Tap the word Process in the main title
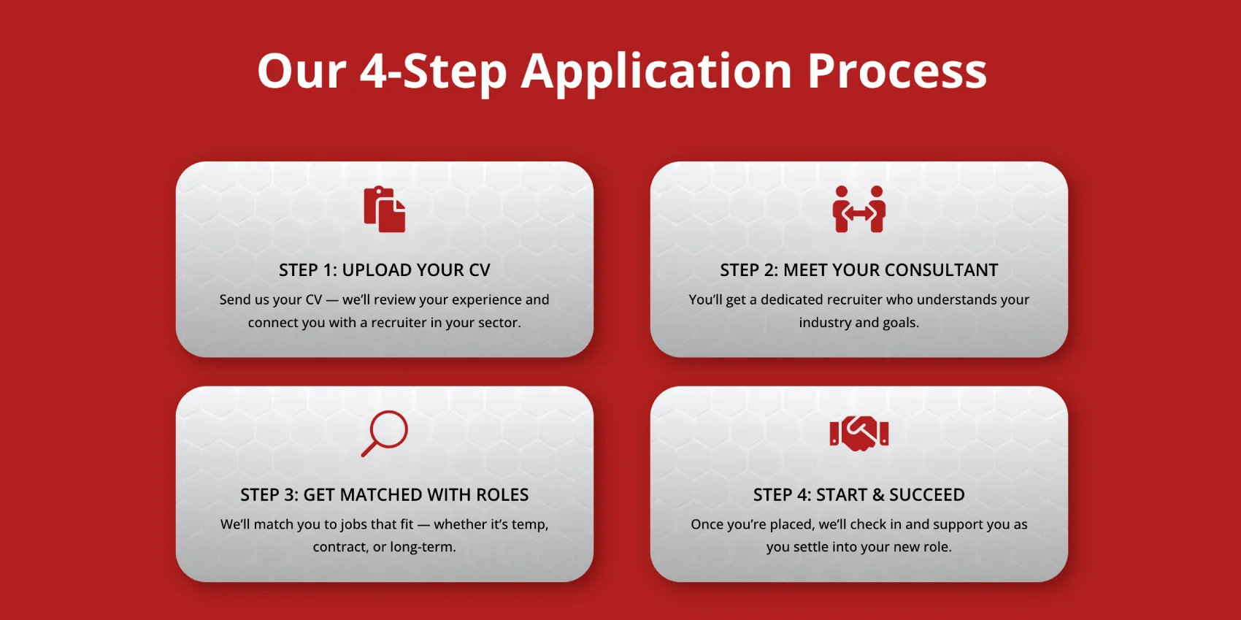(x=897, y=71)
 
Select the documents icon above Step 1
(x=385, y=209)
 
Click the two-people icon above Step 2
(x=858, y=209)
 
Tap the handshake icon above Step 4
(x=858, y=433)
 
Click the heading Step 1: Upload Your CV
(x=385, y=269)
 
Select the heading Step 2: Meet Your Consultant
(x=858, y=269)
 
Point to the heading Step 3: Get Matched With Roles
(x=385, y=494)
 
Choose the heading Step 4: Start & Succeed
(x=858, y=494)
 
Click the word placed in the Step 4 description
(x=793, y=525)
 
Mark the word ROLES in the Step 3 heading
(x=502, y=494)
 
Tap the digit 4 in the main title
(x=374, y=71)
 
